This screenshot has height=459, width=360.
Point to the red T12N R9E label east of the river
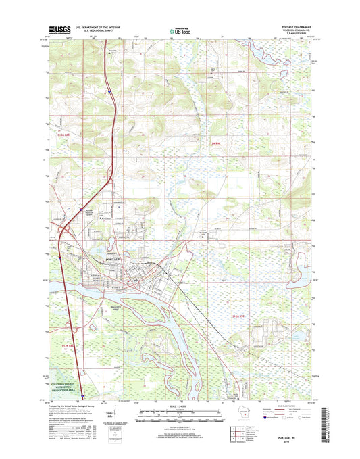pyautogui.click(x=239, y=316)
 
